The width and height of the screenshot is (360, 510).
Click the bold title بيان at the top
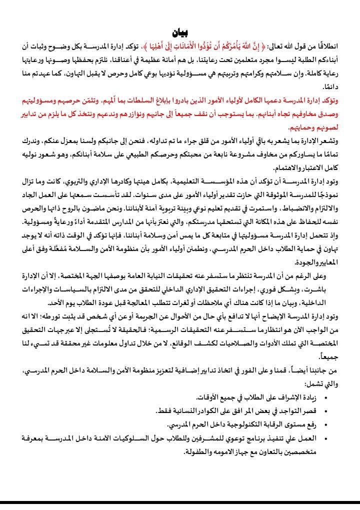coord(180,33)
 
